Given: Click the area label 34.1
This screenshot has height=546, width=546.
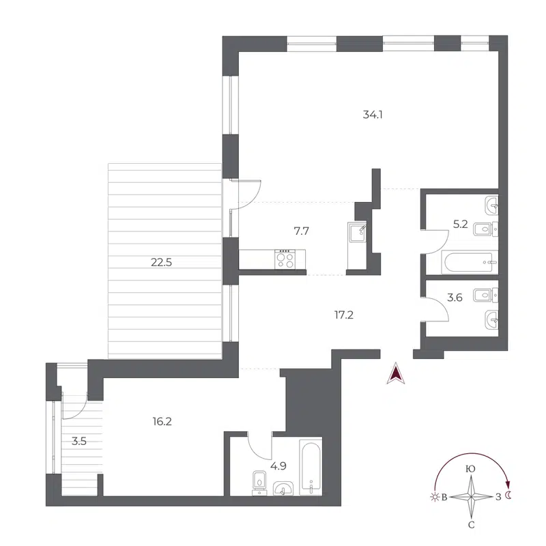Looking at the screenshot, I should click(x=372, y=115).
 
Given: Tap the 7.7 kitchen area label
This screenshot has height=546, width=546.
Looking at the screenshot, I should click(x=302, y=231).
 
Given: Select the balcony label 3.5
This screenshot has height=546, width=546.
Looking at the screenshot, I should click(x=78, y=441).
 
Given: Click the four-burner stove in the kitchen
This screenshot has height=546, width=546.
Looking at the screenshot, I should click(x=285, y=259).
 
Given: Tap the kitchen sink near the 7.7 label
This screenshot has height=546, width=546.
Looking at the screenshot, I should click(x=357, y=233).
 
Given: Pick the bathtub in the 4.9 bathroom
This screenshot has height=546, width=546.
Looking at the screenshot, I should click(x=311, y=469).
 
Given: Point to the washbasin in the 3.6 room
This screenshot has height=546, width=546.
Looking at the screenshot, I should click(x=490, y=317).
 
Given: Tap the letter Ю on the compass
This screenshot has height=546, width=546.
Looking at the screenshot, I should click(x=470, y=469).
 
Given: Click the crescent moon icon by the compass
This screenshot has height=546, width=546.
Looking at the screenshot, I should click(x=508, y=496).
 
